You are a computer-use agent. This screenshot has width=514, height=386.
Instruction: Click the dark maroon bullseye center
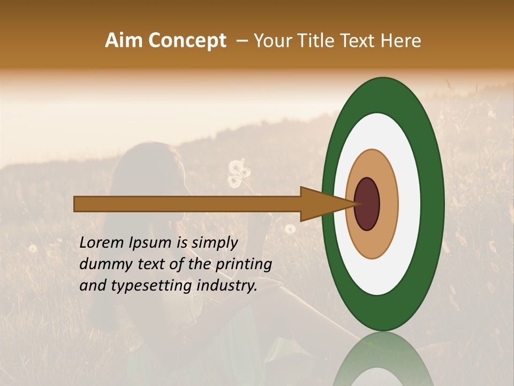(x=367, y=204)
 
